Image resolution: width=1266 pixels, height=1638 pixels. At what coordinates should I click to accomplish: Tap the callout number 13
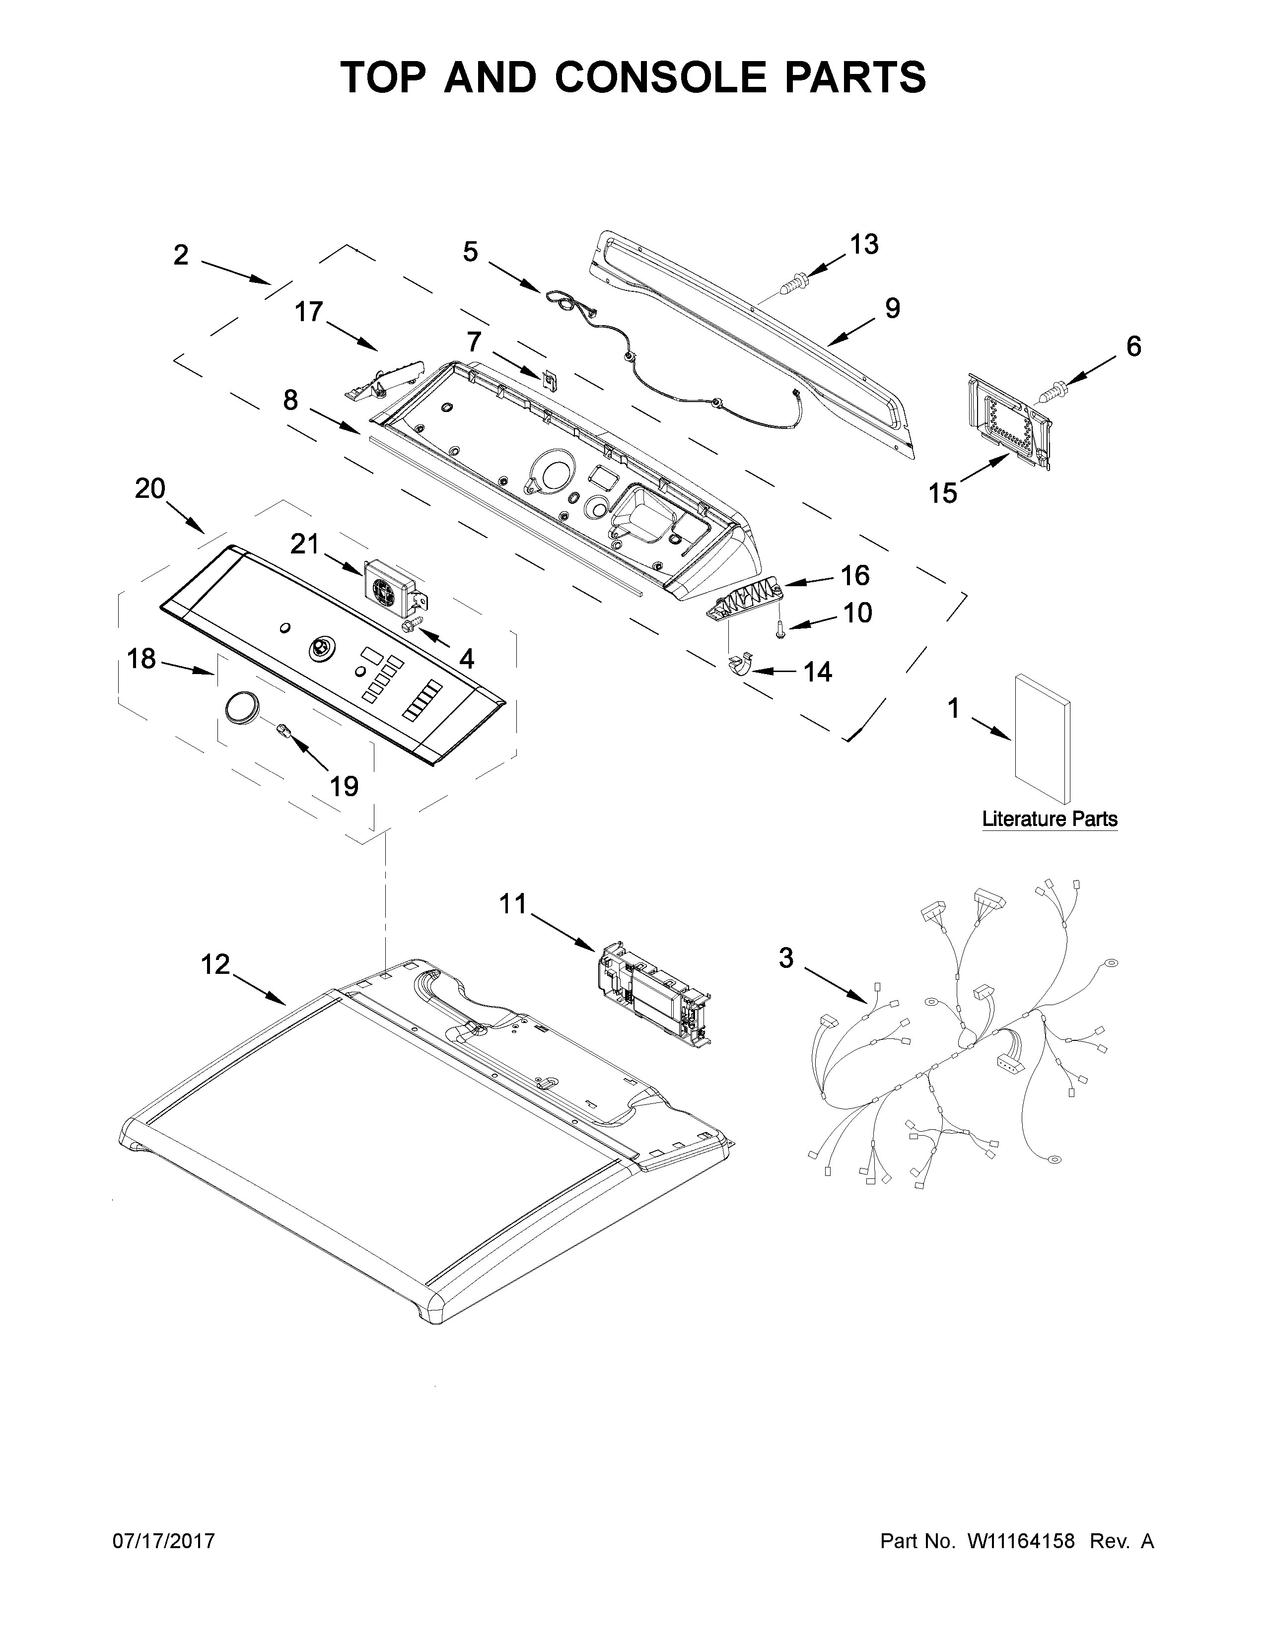[863, 245]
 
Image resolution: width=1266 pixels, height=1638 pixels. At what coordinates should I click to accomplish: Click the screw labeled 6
[1054, 390]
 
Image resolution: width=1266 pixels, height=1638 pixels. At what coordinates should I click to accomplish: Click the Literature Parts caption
[1049, 819]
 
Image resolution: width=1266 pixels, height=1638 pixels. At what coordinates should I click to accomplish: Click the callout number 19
[344, 786]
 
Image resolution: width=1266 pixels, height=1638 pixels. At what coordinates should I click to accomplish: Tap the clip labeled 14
[741, 665]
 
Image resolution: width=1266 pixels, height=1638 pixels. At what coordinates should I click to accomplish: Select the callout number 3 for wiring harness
[785, 958]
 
